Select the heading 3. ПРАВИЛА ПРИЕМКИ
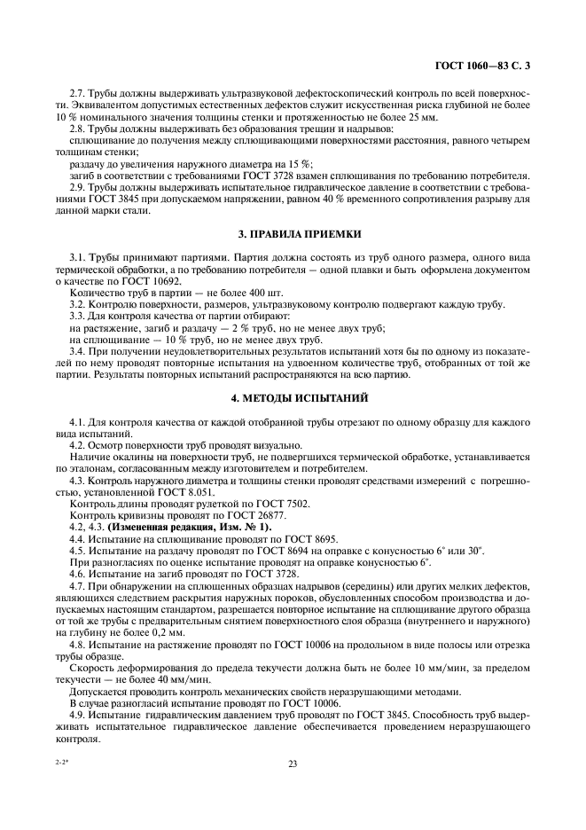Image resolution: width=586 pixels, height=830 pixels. point(293,233)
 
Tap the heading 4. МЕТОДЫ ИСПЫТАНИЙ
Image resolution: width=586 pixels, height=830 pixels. point(293,399)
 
